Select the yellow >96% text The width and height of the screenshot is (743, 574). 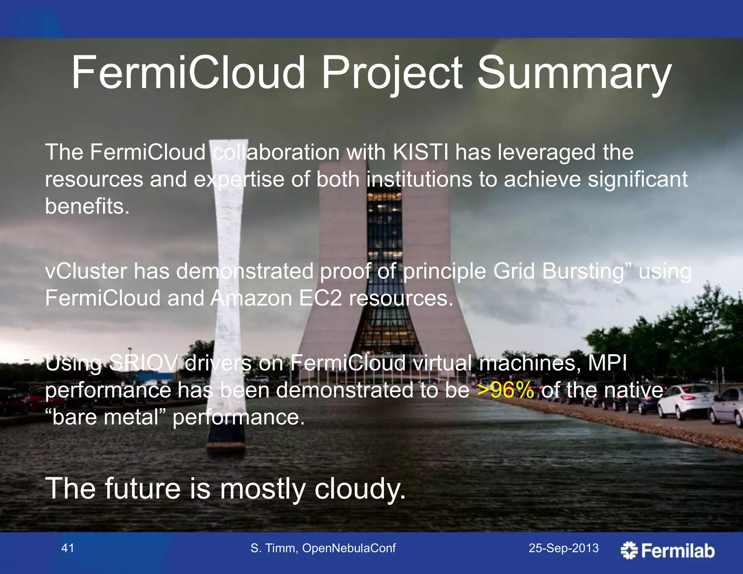[506, 390]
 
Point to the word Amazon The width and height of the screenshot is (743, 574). [251, 298]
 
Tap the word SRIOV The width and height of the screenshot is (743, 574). [144, 363]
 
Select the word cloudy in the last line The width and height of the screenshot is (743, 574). [359, 489]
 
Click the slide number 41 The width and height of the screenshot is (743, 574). [68, 548]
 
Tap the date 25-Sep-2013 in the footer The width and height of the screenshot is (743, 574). [563, 548]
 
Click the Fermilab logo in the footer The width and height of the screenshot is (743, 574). [668, 550]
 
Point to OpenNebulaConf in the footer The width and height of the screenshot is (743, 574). [349, 548]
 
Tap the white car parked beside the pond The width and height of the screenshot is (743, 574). [682, 401]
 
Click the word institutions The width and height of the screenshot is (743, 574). [419, 179]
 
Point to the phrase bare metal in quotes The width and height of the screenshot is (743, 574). [105, 417]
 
